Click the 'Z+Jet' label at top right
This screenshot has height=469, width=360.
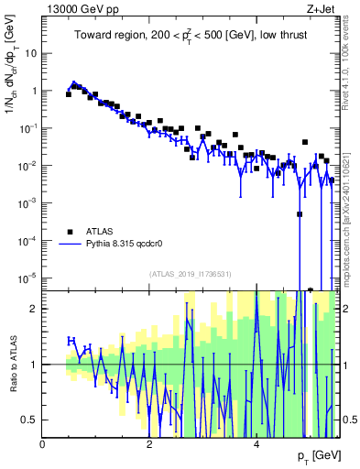tap(323, 8)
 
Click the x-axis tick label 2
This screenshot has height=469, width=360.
tap(149, 444)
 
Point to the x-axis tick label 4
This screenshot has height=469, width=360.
tap(256, 444)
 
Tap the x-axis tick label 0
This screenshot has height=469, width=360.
tap(43, 444)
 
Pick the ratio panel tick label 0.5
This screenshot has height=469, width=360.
tap(31, 420)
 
